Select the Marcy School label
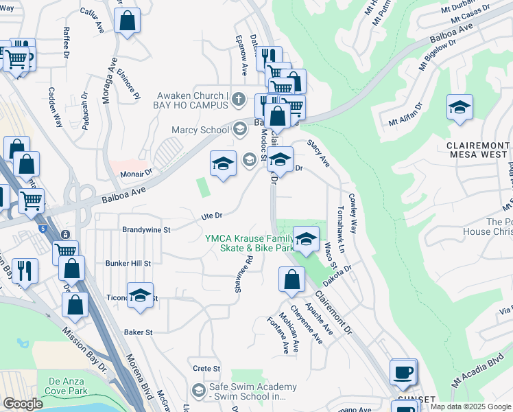click(x=204, y=130)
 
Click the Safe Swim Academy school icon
click(x=199, y=391)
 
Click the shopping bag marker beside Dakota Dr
click(x=291, y=279)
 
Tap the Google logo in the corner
click(x=23, y=403)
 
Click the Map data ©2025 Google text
click(x=470, y=407)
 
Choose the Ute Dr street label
click(x=212, y=216)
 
